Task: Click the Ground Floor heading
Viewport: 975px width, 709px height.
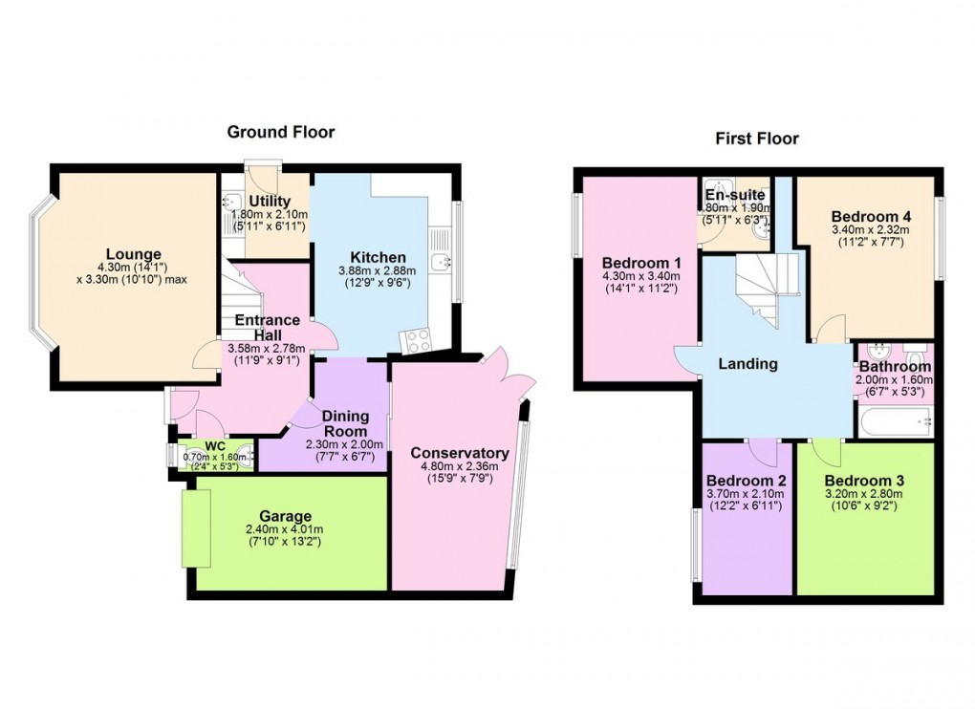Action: coord(280,132)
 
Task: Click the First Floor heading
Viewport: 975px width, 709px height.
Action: coord(757,139)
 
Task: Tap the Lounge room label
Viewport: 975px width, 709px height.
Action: coord(133,253)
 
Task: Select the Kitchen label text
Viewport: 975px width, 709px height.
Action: coord(378,257)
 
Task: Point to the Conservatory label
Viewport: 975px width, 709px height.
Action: coord(459,453)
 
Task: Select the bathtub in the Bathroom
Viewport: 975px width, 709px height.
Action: coord(894,419)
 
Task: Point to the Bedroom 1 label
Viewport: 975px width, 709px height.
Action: coord(641,263)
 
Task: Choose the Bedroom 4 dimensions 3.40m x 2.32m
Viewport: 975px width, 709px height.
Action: coord(870,230)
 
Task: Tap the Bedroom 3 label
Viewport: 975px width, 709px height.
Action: coord(864,480)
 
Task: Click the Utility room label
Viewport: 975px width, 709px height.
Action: coord(271,200)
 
